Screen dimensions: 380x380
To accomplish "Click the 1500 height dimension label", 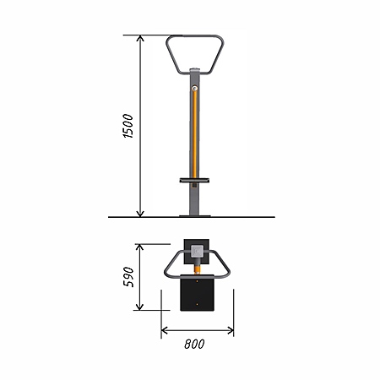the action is tap(128, 126).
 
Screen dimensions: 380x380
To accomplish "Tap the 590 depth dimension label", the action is tap(128, 277).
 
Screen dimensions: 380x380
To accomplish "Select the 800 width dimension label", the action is tap(194, 345).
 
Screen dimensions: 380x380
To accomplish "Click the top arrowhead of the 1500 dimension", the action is tap(140, 38).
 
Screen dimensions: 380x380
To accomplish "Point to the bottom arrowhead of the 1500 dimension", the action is tap(140, 214).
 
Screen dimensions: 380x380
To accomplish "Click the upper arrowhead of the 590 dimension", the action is tap(139, 247).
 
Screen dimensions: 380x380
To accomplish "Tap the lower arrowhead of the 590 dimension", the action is tap(139, 307).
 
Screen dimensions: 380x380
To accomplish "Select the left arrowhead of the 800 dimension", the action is tap(165, 330).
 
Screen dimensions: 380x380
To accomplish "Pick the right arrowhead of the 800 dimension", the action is tap(231, 330).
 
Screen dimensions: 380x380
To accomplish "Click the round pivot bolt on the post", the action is tap(194, 89).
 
